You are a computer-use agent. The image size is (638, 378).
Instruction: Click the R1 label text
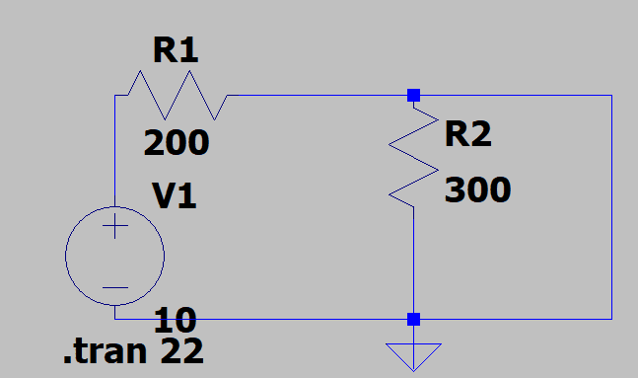click(x=176, y=50)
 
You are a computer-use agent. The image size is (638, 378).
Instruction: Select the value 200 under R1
click(x=177, y=142)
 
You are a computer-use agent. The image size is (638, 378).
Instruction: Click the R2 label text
click(x=468, y=134)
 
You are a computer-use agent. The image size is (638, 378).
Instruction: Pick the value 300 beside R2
click(x=477, y=189)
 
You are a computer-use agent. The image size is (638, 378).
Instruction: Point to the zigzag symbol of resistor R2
click(x=413, y=157)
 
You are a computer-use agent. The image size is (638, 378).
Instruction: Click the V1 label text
click(x=175, y=196)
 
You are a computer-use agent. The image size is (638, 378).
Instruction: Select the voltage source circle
click(x=65, y=256)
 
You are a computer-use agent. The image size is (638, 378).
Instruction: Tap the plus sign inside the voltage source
click(x=115, y=225)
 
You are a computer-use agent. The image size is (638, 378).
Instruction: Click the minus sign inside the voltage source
click(x=115, y=287)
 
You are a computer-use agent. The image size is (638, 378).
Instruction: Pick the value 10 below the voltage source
click(x=176, y=320)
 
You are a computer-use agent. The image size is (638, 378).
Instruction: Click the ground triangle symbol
click(x=413, y=357)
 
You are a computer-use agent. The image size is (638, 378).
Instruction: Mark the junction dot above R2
click(x=413, y=96)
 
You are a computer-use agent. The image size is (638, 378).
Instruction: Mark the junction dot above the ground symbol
click(x=413, y=320)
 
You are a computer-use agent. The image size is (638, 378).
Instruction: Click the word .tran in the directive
click(x=105, y=351)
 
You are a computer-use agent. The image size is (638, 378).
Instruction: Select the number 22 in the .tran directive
click(x=181, y=350)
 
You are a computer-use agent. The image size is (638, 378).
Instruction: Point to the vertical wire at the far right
click(x=611, y=207)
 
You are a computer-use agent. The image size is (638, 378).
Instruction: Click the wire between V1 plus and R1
click(x=115, y=151)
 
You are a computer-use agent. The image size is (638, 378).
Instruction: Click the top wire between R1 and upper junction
click(x=318, y=96)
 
